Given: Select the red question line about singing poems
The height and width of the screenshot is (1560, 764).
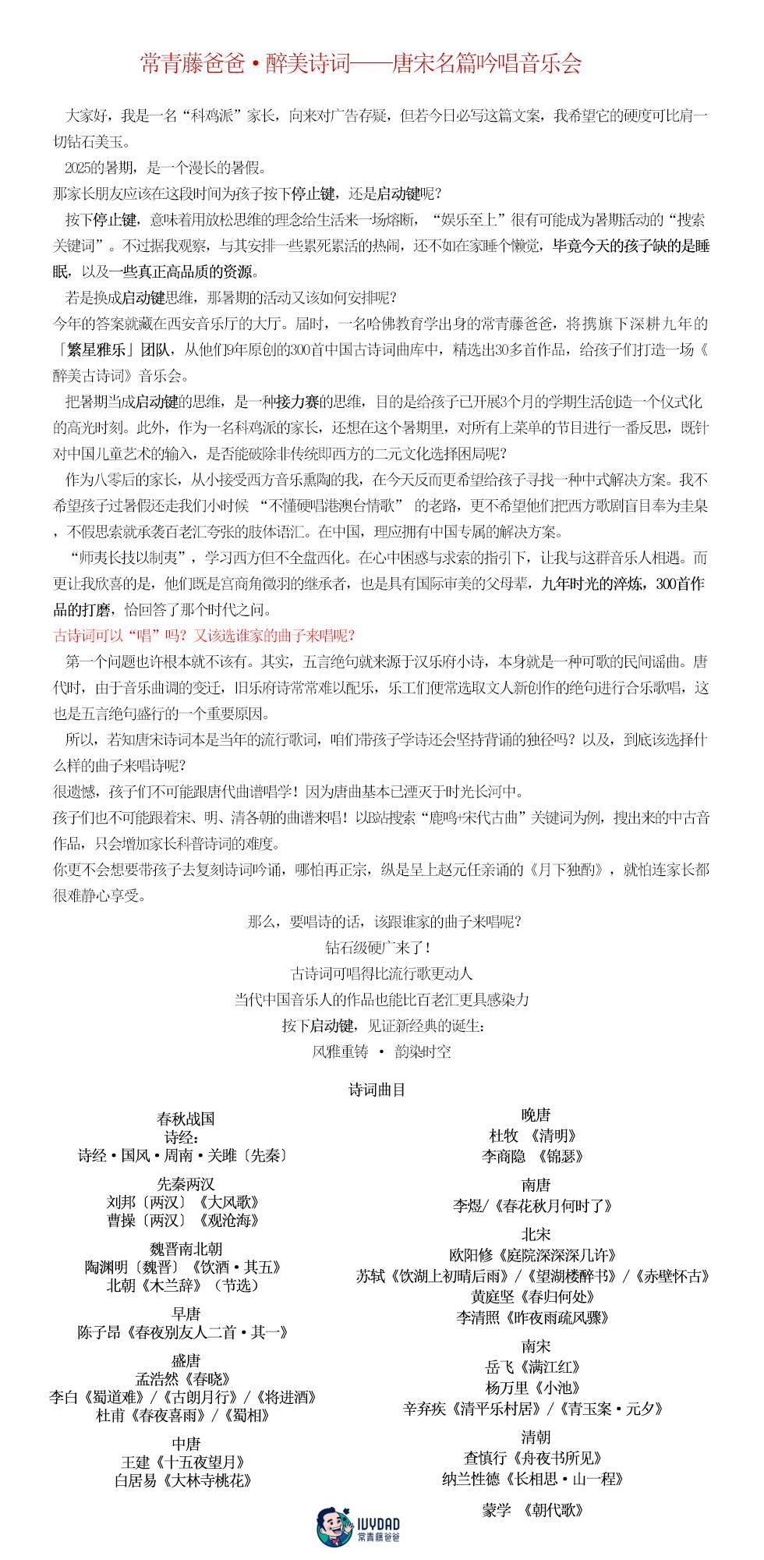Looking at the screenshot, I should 204,636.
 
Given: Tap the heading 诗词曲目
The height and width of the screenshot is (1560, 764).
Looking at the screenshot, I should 377,1090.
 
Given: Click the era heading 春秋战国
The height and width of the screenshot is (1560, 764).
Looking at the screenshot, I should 186,1119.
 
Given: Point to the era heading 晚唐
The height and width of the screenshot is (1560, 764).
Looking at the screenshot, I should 536,1115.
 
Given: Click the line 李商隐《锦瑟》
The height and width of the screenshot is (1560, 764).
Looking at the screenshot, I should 533,1156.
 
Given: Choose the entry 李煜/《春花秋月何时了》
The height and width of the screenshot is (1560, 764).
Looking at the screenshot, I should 533,1206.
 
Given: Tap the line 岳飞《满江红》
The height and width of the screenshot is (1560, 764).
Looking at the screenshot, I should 533,1367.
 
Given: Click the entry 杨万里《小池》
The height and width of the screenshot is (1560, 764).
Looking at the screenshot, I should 533,1388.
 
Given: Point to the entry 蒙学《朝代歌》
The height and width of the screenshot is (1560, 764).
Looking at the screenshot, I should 533,1510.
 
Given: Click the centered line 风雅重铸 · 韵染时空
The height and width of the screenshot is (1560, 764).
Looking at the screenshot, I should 381,1051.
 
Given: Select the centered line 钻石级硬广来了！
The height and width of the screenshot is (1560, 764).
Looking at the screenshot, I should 378,948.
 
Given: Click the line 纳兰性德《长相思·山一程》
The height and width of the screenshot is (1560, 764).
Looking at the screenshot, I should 533,1478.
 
